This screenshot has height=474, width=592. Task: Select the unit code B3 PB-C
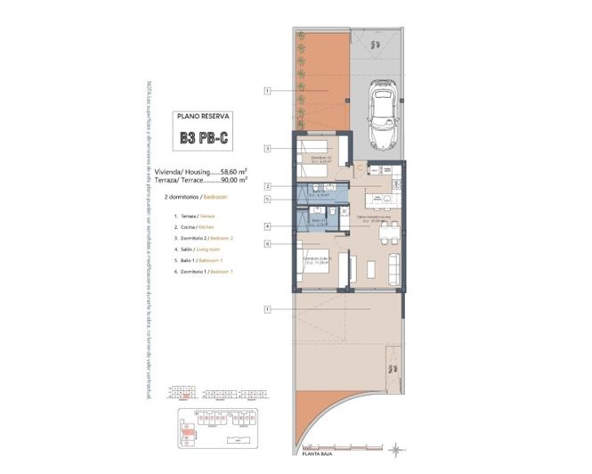click(x=204, y=138)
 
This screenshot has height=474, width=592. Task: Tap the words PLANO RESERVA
click(x=204, y=116)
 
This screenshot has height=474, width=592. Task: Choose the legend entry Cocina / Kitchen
click(x=198, y=227)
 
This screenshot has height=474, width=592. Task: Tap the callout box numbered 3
click(x=267, y=149)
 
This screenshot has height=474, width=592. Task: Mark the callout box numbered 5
click(x=267, y=200)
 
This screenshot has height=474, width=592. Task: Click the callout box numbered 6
click(x=267, y=243)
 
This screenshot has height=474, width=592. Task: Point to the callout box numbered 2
click(x=267, y=186)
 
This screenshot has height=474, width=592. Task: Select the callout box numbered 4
click(x=267, y=226)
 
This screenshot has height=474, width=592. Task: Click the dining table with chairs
click(x=385, y=232)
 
